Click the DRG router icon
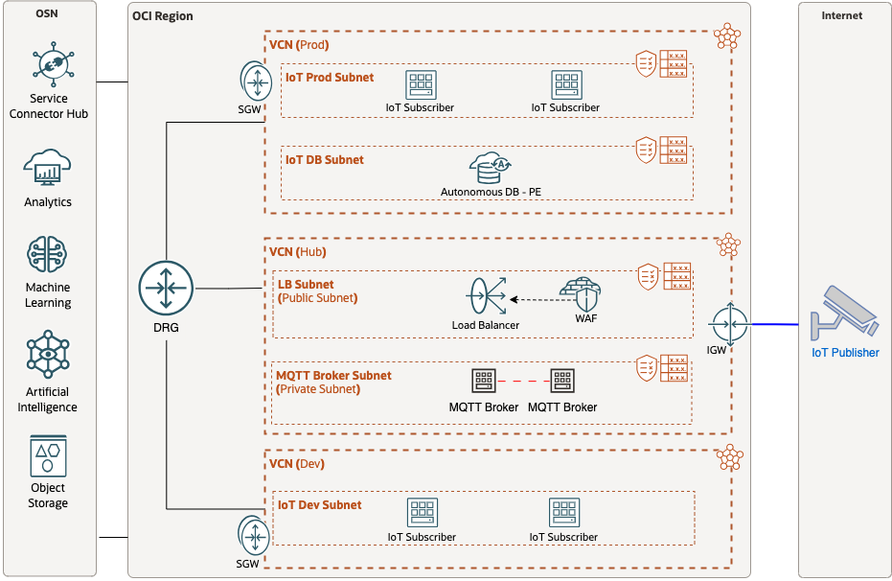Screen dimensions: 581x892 click(166, 288)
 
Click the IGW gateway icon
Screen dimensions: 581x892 click(729, 324)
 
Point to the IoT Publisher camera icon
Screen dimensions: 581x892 click(843, 314)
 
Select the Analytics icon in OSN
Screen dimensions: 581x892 click(48, 170)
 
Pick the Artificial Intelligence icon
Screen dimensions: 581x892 click(48, 355)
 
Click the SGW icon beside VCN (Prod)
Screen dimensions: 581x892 click(256, 83)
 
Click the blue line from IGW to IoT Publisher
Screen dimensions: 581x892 click(776, 324)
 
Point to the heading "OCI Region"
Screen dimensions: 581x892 click(162, 16)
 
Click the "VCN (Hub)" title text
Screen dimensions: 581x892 click(297, 252)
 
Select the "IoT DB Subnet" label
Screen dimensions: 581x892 click(325, 160)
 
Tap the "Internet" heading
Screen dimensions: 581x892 click(842, 15)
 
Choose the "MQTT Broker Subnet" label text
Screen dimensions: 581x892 click(333, 376)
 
